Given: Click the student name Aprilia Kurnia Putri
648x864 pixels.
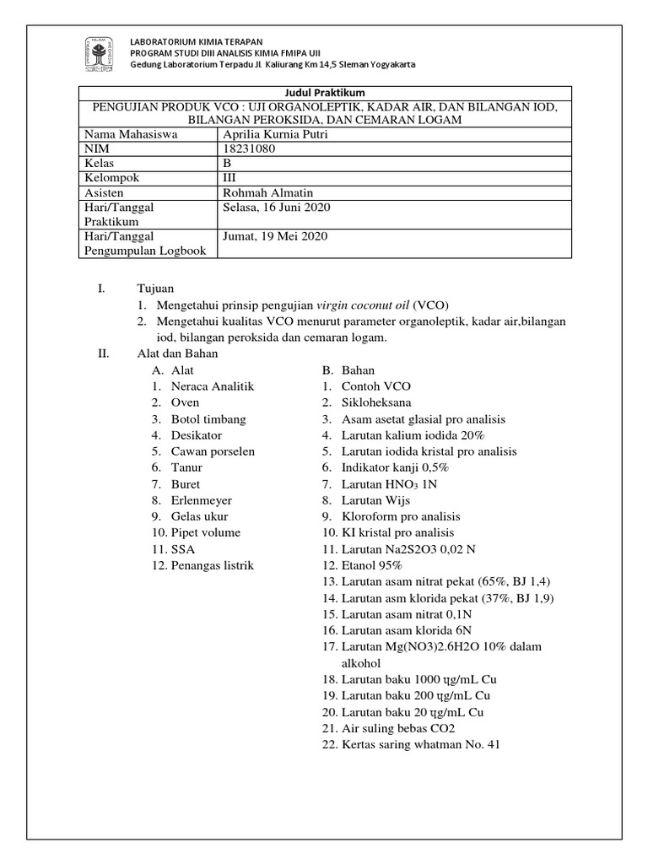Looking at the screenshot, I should [x=273, y=133].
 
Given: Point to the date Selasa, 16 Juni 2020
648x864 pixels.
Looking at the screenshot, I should [x=275, y=207].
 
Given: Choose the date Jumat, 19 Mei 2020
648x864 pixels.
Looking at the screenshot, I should [x=274, y=236].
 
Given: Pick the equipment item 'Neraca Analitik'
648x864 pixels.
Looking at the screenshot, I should [x=213, y=386].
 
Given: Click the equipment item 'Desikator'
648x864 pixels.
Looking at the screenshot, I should [x=197, y=435].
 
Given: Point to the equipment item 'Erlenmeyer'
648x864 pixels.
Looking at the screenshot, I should [x=201, y=499].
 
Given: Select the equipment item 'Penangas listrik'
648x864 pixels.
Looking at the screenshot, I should [x=212, y=564].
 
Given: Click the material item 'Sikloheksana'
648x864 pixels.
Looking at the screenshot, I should [x=376, y=402].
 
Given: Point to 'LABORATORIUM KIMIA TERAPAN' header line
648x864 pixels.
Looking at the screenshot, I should [x=195, y=40].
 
